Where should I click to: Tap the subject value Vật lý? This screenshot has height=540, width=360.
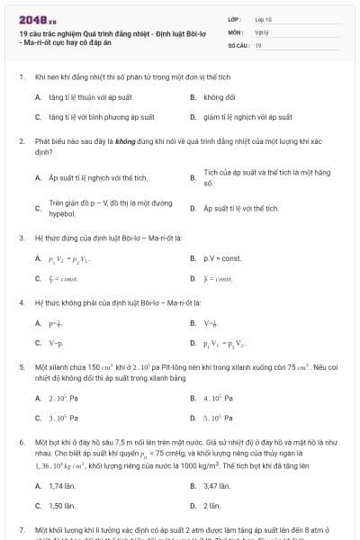tap(261, 31)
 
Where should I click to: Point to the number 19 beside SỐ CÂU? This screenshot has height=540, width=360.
tap(258, 44)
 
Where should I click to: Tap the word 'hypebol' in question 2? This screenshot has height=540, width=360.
tap(62, 214)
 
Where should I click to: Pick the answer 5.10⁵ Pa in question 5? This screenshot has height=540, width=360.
tap(220, 418)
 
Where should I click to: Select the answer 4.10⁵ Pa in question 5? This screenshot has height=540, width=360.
tap(220, 397)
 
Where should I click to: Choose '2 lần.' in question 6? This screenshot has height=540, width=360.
tap(212, 507)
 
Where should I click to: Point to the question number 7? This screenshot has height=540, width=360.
tap(21, 532)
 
